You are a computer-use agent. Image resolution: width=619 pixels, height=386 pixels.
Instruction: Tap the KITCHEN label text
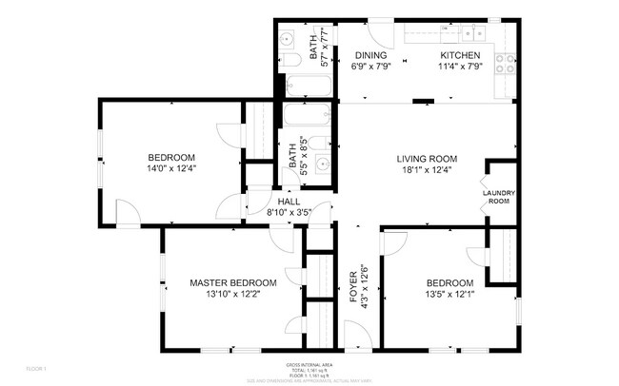(x=458, y=55)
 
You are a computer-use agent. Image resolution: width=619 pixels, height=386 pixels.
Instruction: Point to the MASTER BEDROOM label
(x=232, y=282)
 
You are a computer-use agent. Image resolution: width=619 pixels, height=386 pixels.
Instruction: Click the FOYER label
(x=353, y=285)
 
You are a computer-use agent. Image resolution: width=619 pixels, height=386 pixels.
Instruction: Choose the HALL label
(x=289, y=202)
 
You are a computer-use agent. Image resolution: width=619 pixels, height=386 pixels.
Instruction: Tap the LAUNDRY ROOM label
(x=499, y=197)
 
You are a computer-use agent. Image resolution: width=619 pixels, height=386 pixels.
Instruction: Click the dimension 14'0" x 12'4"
(x=171, y=168)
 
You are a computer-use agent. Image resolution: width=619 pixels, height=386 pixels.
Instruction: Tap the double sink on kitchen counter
(x=472, y=33)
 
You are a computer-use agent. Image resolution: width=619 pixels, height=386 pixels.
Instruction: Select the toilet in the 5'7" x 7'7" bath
(x=292, y=60)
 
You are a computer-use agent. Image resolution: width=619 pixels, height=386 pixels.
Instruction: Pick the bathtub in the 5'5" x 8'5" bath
(x=308, y=120)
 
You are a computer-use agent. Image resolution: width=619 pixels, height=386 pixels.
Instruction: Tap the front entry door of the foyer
(x=355, y=336)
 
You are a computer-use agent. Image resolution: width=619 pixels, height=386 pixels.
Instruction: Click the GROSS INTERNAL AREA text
(x=309, y=365)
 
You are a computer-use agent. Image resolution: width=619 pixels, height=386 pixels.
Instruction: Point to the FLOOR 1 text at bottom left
(x=36, y=368)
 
